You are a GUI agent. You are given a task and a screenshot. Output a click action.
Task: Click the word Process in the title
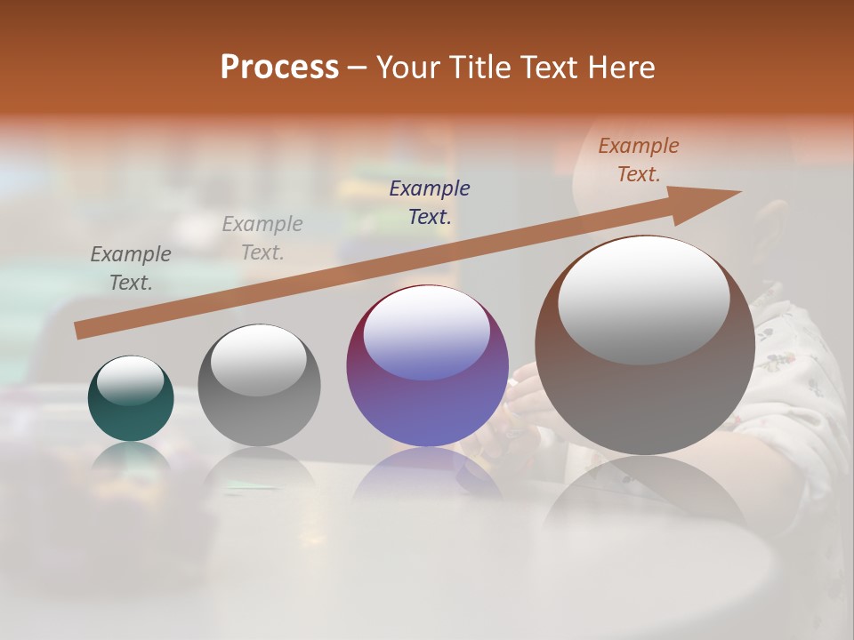(279, 68)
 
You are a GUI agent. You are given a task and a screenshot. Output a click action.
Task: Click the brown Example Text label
(639, 160)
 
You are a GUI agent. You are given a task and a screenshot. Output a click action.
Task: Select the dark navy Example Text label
(430, 202)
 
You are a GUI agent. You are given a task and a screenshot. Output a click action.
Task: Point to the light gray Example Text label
(262, 237)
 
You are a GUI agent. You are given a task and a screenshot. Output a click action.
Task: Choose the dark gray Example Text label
(131, 268)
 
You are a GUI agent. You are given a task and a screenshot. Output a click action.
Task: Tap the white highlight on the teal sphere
(131, 380)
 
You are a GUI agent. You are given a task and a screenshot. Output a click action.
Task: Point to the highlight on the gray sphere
(259, 359)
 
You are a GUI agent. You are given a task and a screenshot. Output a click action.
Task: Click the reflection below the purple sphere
(427, 471)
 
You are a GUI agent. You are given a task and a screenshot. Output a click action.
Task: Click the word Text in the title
(545, 68)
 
